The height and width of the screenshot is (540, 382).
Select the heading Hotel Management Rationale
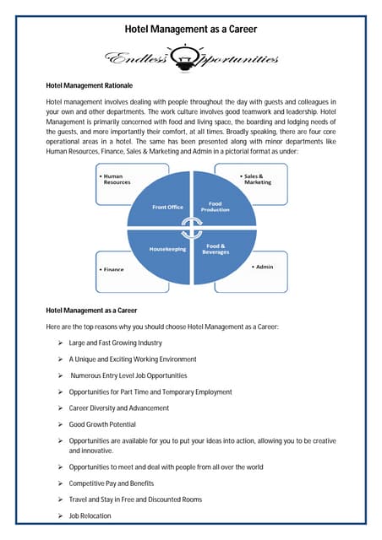[x=89, y=85]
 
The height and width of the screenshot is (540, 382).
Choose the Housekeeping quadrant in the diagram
[x=167, y=249]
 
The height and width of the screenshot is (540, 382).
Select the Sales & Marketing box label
[x=262, y=178]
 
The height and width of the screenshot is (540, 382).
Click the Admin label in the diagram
[x=265, y=266]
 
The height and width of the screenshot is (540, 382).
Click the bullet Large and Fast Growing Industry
[x=117, y=343]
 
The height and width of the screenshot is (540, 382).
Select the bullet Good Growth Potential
[x=101, y=424]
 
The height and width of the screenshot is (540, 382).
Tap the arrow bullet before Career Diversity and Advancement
[x=61, y=408]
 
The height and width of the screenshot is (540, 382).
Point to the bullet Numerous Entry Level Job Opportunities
[x=128, y=375]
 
